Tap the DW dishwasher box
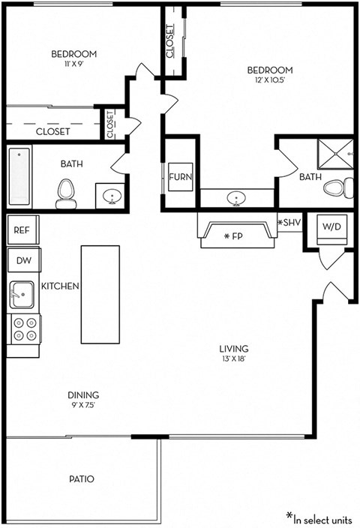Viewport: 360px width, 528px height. click(23, 261)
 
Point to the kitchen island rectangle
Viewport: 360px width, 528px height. click(100, 293)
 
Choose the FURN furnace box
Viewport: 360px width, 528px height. click(180, 178)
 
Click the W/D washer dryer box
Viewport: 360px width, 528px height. click(331, 226)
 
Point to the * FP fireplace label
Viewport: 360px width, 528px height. click(234, 236)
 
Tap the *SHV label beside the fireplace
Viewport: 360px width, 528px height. click(289, 223)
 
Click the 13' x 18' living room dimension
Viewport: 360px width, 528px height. click(233, 358)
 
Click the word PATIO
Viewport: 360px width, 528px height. click(80, 478)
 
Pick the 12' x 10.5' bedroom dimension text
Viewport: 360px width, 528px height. click(270, 81)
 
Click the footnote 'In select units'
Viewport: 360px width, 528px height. click(319, 517)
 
